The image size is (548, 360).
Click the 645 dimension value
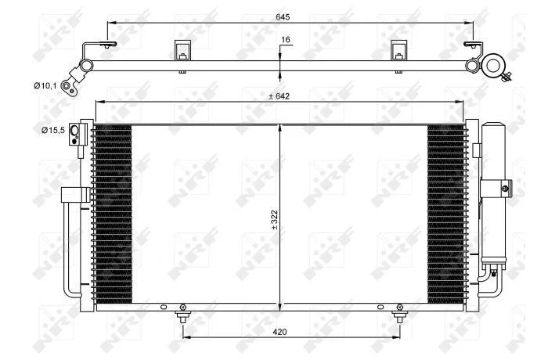pos(283,16)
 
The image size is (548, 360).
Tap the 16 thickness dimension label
pos(286,39)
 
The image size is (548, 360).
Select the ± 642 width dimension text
pos(279,96)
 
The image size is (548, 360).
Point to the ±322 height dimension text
pos(274,219)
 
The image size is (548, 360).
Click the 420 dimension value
pos(280,332)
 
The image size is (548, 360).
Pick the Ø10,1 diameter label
pos(45,85)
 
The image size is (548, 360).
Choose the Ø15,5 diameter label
pos(53,131)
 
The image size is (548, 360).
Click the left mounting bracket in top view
pos(183,50)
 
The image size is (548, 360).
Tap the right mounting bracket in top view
pos(398,50)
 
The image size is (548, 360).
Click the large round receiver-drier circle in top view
pos(493,65)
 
